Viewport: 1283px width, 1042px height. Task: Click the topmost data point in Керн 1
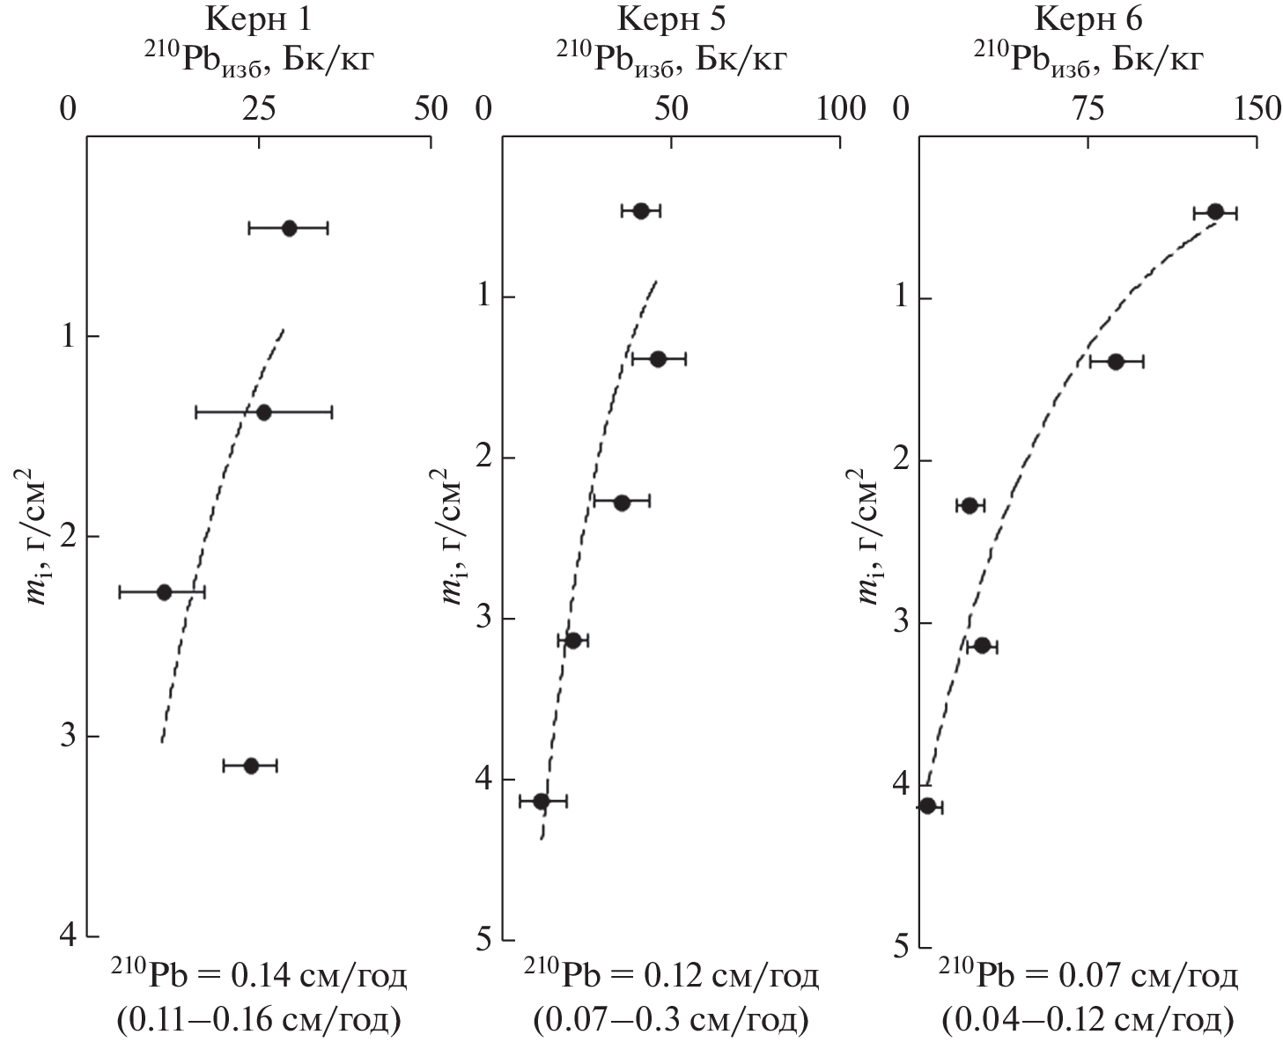[x=289, y=228]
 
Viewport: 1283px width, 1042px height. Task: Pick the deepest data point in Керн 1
[x=251, y=765]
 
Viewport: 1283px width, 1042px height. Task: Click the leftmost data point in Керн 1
[x=164, y=591]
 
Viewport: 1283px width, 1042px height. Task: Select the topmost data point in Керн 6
[x=1215, y=211]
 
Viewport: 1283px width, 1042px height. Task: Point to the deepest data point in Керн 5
[x=542, y=801]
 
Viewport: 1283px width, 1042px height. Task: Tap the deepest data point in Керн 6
[x=927, y=805]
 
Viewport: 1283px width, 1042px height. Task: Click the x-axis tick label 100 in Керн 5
[x=842, y=108]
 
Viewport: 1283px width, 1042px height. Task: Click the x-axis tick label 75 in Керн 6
[x=1088, y=108]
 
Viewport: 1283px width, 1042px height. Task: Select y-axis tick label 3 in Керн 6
[x=900, y=622]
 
